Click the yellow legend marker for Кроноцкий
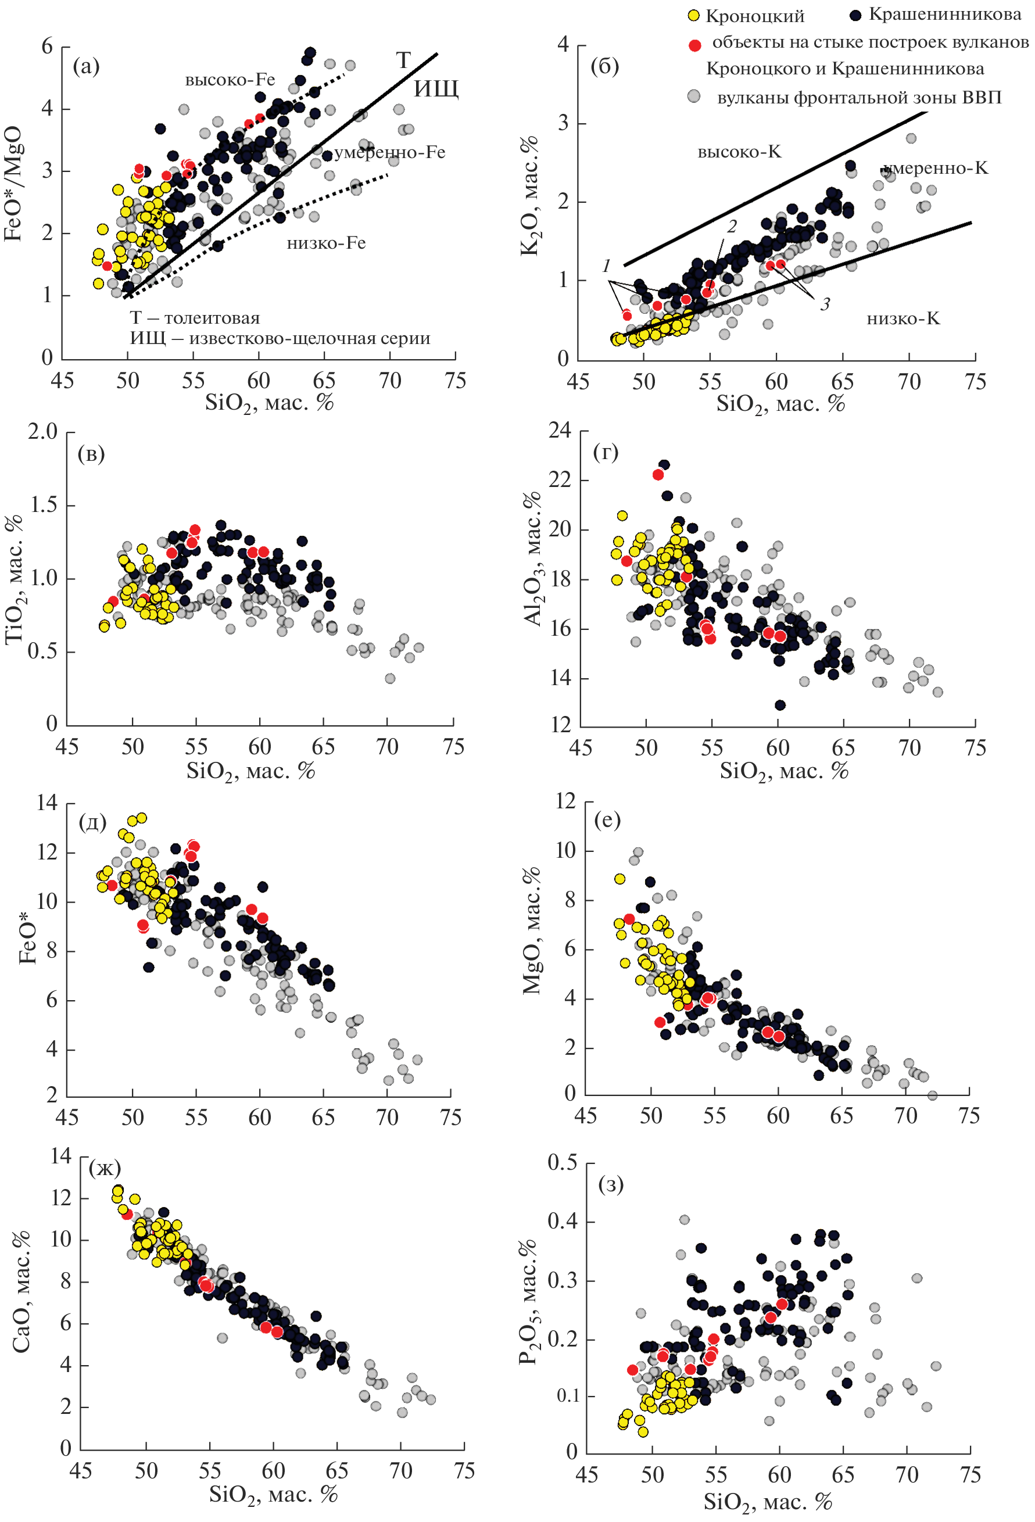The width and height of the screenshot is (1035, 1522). pyautogui.click(x=694, y=16)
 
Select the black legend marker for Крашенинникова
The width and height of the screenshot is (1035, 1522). pyautogui.click(x=855, y=15)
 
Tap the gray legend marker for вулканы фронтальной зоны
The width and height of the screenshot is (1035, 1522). pyautogui.click(x=694, y=96)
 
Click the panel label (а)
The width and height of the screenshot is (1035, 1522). pyautogui.click(x=86, y=66)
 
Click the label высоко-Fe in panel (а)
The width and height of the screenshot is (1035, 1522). pyautogui.click(x=230, y=80)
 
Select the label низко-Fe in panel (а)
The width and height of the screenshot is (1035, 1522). pyautogui.click(x=325, y=243)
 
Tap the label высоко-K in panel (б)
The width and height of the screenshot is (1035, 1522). pyautogui.click(x=739, y=152)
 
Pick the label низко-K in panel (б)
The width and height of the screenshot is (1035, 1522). pyautogui.click(x=903, y=318)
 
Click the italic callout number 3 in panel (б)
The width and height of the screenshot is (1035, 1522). pyautogui.click(x=825, y=303)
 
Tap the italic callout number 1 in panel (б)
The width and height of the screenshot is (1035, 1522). pyautogui.click(x=606, y=266)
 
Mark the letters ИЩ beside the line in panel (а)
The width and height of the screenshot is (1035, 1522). pyautogui.click(x=436, y=88)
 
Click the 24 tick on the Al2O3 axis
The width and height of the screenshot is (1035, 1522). pyautogui.click(x=561, y=430)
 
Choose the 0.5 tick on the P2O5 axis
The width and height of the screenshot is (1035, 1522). pyautogui.click(x=562, y=1162)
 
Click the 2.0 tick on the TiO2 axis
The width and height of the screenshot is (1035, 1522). pyautogui.click(x=42, y=432)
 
